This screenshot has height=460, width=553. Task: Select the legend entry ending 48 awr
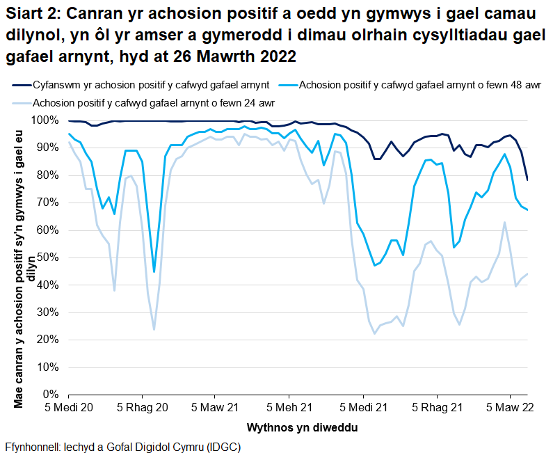coord(410,86)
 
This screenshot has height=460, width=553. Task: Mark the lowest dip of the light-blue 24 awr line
coord(154,329)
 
